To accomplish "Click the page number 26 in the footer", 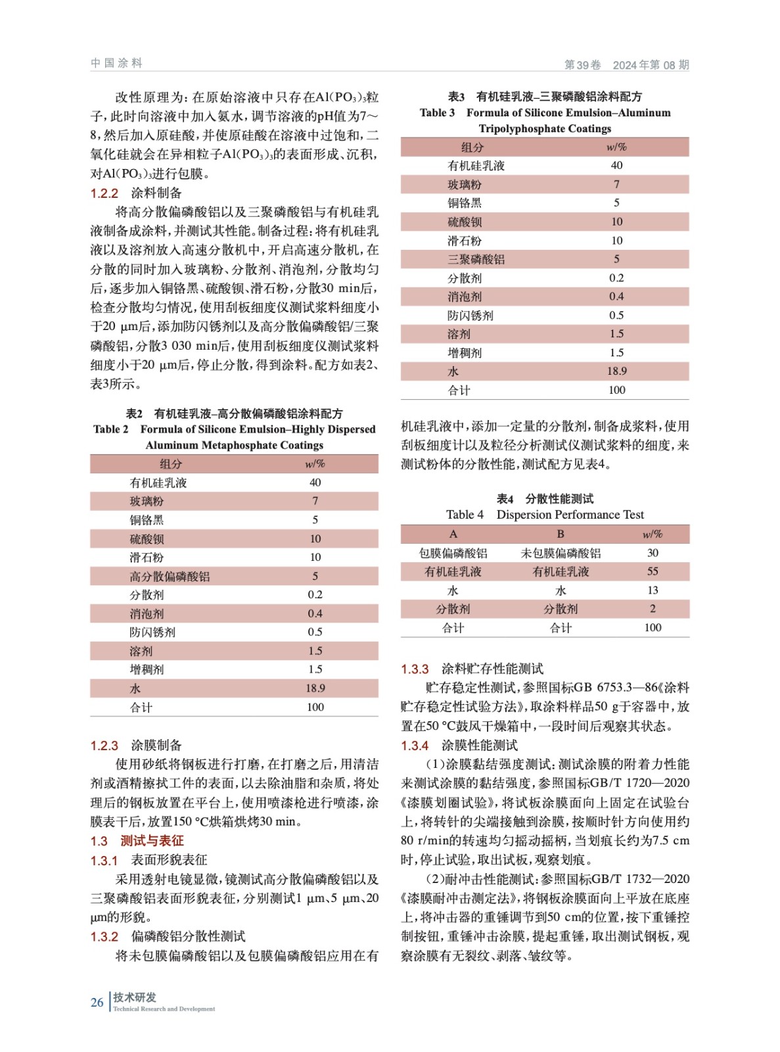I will pos(97,1002).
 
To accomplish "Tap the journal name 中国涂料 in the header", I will pos(116,63).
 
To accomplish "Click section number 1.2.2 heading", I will pos(104,193).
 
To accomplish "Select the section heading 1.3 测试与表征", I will pos(137,841).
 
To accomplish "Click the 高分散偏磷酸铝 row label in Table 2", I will pos(170,577).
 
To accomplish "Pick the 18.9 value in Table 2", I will pos(315,688).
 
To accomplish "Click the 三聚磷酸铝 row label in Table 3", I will pos(476,260).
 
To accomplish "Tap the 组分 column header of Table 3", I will pos(472,147).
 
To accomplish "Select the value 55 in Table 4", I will pos(652,571).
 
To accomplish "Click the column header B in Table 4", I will pos(560,534).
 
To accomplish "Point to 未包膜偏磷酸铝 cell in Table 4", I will pos(561,553).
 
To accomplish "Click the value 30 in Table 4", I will pos(652,553).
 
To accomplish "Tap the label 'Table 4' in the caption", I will pos(465,515).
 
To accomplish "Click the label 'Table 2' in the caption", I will pos(111,429).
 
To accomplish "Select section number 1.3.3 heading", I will pos(415,669).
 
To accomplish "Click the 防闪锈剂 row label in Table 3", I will pos(470,316).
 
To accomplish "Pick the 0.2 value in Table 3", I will pos(616,278).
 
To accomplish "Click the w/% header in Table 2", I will pos(315,464).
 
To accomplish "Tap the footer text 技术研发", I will pos(135,997).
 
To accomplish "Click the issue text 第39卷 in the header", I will pos(582,65).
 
